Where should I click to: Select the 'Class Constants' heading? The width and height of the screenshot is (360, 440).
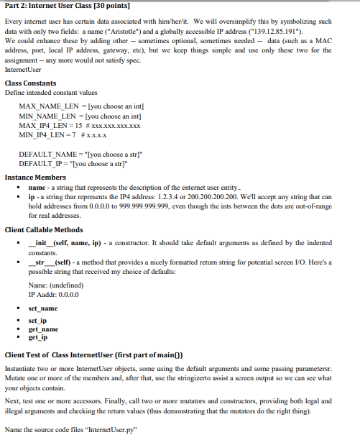click(x=30, y=83)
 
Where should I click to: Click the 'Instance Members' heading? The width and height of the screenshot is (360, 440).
click(x=35, y=177)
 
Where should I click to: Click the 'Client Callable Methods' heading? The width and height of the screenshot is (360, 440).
click(x=43, y=229)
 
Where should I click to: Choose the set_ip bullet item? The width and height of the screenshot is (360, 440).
click(x=39, y=320)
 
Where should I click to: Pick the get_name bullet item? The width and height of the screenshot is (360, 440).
click(x=43, y=329)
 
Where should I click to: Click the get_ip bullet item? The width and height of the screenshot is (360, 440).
click(x=39, y=337)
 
